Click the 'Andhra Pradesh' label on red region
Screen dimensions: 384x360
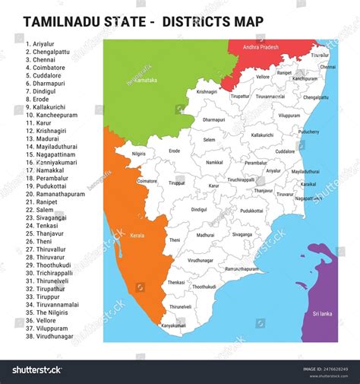pyautogui.click(x=261, y=47)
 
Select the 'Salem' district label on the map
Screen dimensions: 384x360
pyautogui.click(x=209, y=140)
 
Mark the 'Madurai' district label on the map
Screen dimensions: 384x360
pyautogui.click(x=205, y=236)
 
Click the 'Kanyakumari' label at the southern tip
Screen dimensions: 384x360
pyautogui.click(x=173, y=325)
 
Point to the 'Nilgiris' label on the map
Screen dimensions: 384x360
pyautogui.click(x=138, y=154)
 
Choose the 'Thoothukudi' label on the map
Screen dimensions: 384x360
pyautogui.click(x=204, y=287)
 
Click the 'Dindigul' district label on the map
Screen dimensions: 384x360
pyautogui.click(x=199, y=209)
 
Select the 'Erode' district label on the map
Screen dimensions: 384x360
pyautogui.click(x=175, y=151)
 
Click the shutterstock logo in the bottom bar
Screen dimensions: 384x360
pyautogui.click(x=36, y=370)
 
